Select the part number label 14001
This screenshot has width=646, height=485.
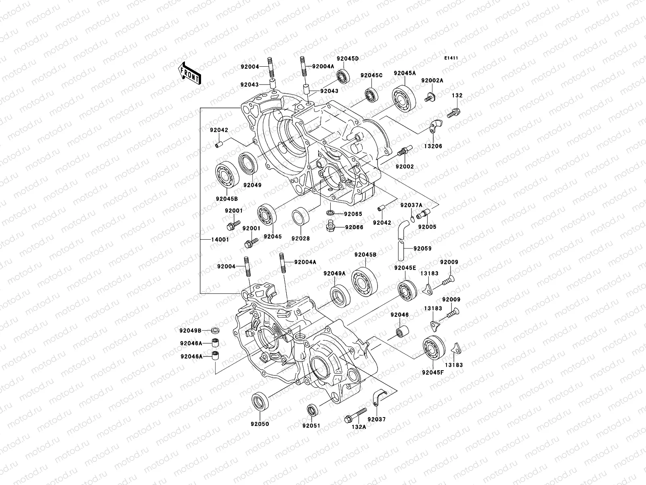(220, 239)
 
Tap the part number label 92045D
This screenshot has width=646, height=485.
(348, 58)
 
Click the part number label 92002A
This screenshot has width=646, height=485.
(432, 80)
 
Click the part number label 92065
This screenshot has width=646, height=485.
(353, 214)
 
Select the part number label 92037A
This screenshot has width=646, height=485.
(411, 205)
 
